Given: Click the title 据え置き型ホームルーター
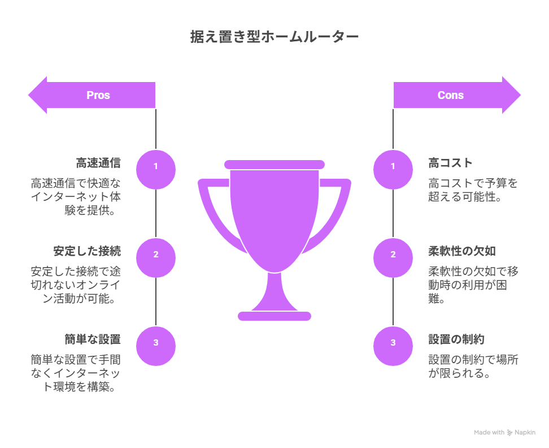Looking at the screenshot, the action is (274, 37).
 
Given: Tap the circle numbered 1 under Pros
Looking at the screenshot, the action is (156, 170).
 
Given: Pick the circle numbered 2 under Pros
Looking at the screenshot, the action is (156, 258).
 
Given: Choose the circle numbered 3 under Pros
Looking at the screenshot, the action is (156, 346).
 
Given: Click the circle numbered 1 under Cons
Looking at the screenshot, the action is (393, 170).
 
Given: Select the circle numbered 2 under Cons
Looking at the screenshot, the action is (393, 258).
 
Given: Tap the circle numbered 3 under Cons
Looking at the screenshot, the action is (393, 346).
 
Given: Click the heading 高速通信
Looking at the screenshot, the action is (98, 163).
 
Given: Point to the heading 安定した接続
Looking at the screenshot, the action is (87, 251).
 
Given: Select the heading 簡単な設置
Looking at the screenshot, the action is (93, 340).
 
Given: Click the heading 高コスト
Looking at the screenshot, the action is (450, 163).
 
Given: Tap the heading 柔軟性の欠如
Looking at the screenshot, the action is (462, 251).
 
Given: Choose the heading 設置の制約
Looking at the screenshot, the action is (456, 340).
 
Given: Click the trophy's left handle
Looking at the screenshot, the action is (217, 214).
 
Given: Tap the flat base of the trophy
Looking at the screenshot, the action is (274, 316).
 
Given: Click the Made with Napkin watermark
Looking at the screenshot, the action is (504, 433).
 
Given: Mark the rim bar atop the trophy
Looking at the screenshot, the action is (274, 165).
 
